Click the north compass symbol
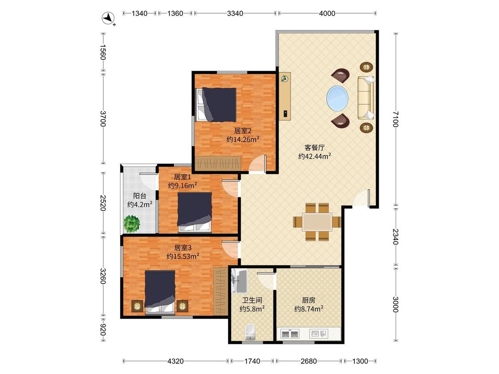(109, 18)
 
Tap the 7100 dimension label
(396, 119)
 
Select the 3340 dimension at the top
(235, 13)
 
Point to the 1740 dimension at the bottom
(252, 361)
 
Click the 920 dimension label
(103, 330)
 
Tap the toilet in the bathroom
(251, 332)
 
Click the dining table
(317, 222)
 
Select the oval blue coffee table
(338, 98)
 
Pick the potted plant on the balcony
(132, 224)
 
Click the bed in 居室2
(216, 105)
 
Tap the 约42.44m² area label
(314, 156)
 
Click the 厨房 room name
(309, 300)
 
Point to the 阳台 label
(140, 196)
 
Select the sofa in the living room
(366, 98)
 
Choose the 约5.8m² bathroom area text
(252, 308)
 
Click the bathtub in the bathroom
(239, 281)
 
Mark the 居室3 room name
(183, 247)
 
